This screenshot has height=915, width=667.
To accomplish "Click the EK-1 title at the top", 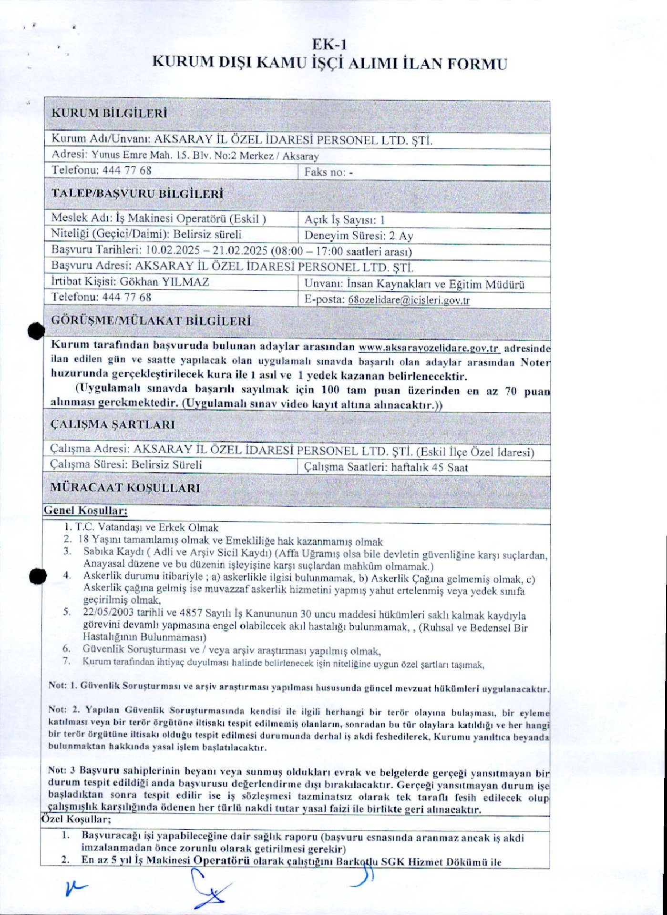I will [x=329, y=45].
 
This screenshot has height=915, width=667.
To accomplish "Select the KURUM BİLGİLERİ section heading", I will [x=109, y=113].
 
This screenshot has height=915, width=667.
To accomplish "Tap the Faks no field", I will [x=329, y=173].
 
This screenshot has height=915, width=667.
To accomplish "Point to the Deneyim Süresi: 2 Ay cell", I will [x=359, y=235].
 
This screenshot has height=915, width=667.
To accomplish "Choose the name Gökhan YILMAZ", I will [x=164, y=282].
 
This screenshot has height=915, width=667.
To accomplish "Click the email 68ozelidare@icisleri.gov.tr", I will [x=409, y=300].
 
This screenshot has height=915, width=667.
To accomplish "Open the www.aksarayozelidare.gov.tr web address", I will [x=429, y=348].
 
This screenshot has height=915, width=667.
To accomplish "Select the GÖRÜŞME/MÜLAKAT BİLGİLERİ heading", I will [x=151, y=321].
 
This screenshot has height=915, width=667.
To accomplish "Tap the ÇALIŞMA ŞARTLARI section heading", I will [x=113, y=425].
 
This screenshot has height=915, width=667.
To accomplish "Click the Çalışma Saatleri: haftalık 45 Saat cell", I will [x=386, y=468].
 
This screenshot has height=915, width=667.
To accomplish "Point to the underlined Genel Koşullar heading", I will [x=86, y=510].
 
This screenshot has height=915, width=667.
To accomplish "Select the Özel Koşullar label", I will [x=76, y=819].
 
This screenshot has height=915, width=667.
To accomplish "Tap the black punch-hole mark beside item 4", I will [x=37, y=576].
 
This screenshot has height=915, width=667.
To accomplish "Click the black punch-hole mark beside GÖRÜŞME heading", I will [x=36, y=331].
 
